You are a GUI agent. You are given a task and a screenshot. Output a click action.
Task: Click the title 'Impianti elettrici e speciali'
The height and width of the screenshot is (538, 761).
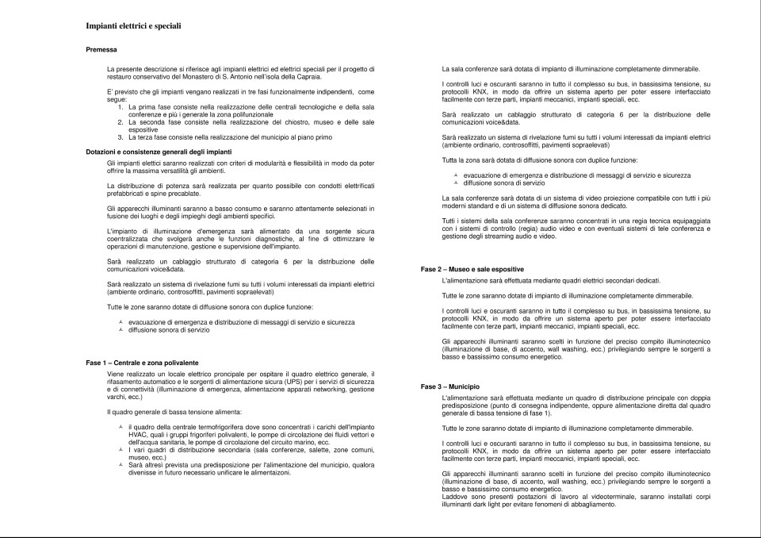click(x=133, y=26)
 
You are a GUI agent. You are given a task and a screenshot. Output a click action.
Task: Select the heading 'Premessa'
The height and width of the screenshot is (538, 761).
click(x=101, y=49)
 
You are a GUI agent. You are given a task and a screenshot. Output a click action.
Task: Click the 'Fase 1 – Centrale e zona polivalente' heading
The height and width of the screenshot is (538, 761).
click(x=142, y=362)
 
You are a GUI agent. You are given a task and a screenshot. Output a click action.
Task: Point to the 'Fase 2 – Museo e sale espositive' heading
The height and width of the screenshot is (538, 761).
click(x=472, y=270)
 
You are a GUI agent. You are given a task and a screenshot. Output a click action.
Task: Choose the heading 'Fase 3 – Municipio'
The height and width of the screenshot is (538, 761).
click(x=449, y=386)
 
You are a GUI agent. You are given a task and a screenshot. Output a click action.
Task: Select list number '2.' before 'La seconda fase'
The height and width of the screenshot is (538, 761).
click(x=120, y=123)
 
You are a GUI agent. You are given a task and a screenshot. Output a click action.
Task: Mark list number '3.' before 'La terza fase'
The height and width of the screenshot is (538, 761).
click(x=120, y=137)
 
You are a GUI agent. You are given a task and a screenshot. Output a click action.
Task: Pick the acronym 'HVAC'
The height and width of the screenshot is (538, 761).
click(x=138, y=434)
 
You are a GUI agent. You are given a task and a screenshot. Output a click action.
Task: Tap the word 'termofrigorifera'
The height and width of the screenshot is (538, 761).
click(x=213, y=427)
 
